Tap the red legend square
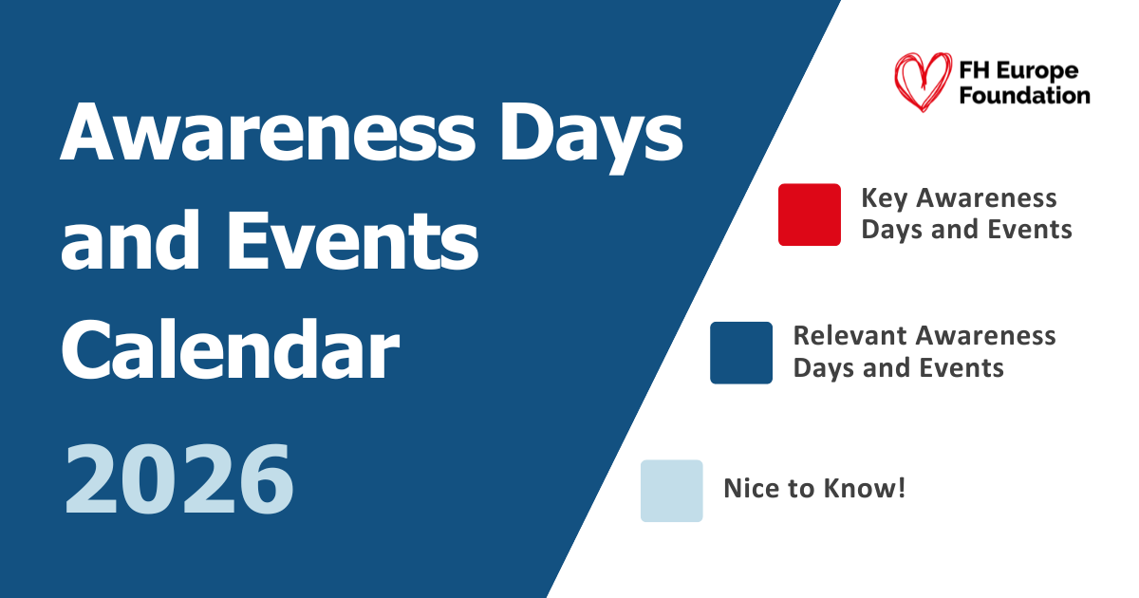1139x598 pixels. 809,215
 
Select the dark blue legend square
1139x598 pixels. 741,353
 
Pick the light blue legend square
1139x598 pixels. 671,491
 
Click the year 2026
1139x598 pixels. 179,478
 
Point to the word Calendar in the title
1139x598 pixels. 230,348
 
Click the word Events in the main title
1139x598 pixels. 352,240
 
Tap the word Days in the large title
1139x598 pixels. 591,138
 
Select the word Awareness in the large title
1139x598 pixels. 268,131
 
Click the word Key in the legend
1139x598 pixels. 885,198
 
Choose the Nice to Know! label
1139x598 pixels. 814,488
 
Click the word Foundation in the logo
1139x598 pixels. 1024,95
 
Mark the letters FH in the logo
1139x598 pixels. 974,70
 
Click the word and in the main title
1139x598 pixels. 130,240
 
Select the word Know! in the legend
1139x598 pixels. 865,488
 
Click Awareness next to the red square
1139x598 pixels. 986,197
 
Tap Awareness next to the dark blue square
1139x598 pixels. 985,336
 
